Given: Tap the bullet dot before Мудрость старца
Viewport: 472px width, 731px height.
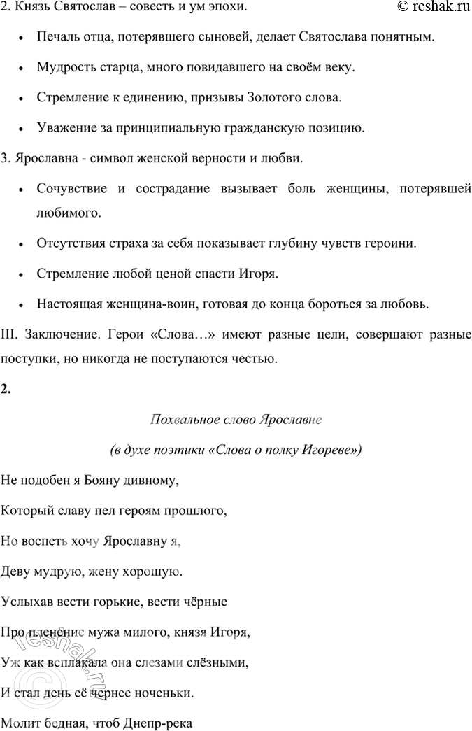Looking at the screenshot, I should (24, 68).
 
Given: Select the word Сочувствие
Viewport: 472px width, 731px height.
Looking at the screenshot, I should (69, 190).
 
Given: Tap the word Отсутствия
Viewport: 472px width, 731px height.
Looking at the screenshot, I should (67, 244).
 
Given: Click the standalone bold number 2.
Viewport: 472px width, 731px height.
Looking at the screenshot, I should (6, 390).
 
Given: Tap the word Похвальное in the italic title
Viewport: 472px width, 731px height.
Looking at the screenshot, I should (176, 421).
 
